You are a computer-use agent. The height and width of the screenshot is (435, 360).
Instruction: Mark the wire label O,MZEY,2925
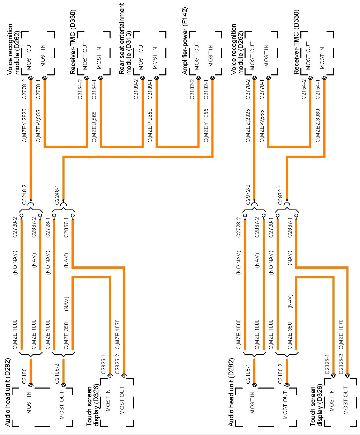click(x=24, y=126)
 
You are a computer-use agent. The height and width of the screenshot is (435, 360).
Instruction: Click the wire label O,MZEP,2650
click(x=150, y=126)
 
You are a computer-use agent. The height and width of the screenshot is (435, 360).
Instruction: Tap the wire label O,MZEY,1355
click(x=206, y=126)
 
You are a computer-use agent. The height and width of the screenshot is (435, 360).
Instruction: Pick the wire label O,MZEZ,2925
click(x=248, y=126)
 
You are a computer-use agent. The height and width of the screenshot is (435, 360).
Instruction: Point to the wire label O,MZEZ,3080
click(x=318, y=126)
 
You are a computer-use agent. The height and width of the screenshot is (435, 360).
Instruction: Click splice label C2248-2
click(x=24, y=194)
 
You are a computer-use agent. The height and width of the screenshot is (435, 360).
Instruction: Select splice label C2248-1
click(x=57, y=194)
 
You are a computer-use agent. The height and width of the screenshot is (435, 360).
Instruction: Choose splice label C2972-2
click(x=248, y=194)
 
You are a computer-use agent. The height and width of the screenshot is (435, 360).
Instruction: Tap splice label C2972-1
click(x=280, y=194)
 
